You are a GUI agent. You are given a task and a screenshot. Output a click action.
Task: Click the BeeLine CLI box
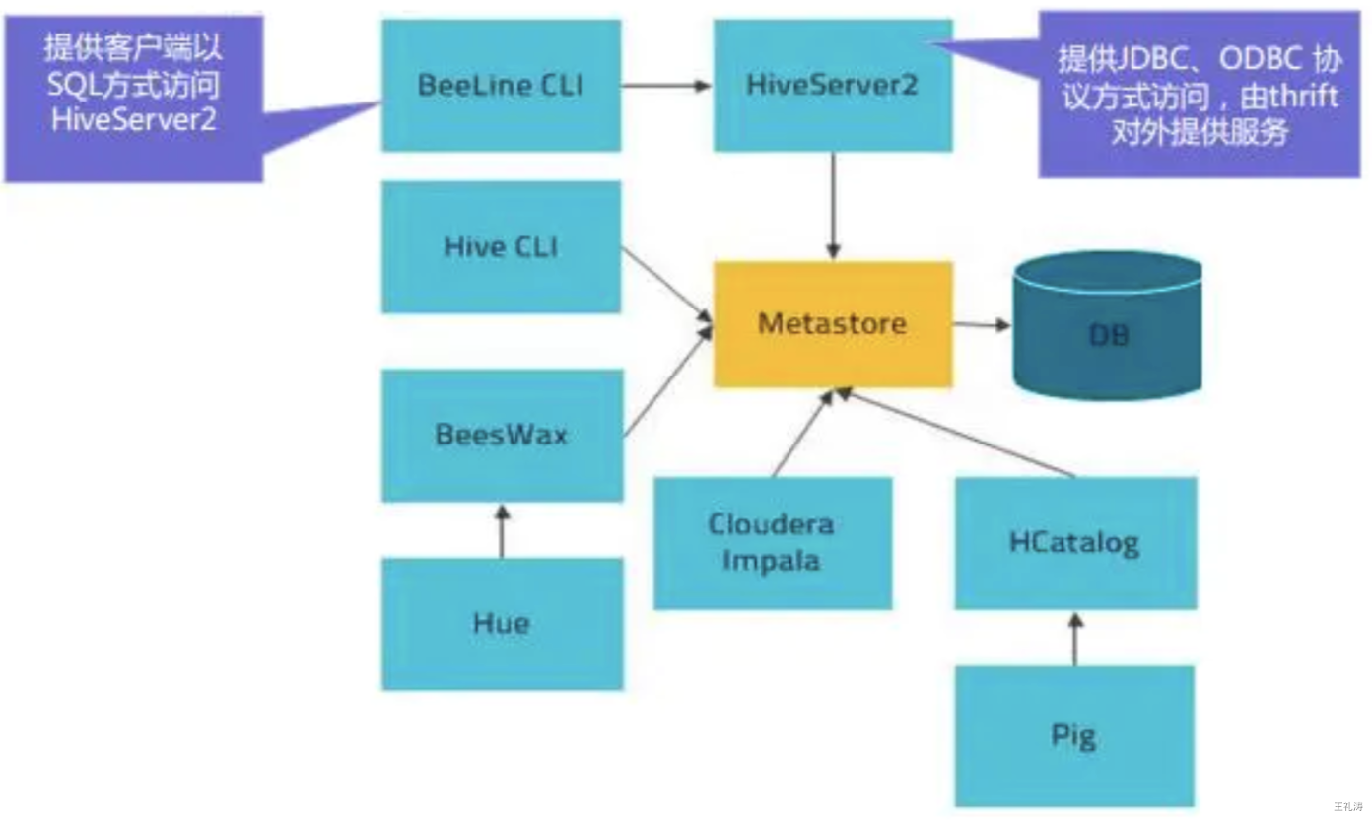pyautogui.click(x=501, y=85)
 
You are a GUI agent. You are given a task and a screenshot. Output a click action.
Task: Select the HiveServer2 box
pyautogui.click(x=833, y=85)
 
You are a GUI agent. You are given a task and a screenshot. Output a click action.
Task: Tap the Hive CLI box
pyautogui.click(x=501, y=246)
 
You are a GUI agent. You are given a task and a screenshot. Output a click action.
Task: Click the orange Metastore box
pyautogui.click(x=833, y=324)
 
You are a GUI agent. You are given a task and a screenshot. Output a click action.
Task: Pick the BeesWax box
pyautogui.click(x=503, y=436)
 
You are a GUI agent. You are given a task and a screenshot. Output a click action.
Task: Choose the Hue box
pyautogui.click(x=503, y=624)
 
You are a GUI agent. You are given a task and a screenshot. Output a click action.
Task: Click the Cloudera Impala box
pyautogui.click(x=773, y=543)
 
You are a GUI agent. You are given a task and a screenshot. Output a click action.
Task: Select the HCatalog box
pyautogui.click(x=1075, y=543)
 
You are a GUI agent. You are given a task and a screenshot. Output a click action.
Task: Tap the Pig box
pyautogui.click(x=1074, y=736)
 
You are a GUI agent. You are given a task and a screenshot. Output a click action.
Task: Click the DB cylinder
pyautogui.click(x=1108, y=326)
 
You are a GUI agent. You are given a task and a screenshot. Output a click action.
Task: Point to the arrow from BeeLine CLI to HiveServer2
pyautogui.click(x=666, y=86)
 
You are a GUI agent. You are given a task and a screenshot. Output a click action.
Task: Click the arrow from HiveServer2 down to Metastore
pyautogui.click(x=833, y=206)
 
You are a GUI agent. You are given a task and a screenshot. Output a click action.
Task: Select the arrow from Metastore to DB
pyautogui.click(x=982, y=324)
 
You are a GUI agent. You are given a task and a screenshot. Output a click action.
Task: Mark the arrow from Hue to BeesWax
pyautogui.click(x=503, y=530)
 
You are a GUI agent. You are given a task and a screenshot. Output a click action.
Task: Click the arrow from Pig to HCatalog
pyautogui.click(x=1075, y=639)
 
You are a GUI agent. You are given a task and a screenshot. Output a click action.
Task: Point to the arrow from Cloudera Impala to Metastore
pyautogui.click(x=803, y=434)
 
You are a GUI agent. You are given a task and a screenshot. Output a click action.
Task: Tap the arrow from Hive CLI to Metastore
pyautogui.click(x=667, y=285)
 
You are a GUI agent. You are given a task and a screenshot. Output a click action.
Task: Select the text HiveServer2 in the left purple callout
pyautogui.click(x=133, y=119)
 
